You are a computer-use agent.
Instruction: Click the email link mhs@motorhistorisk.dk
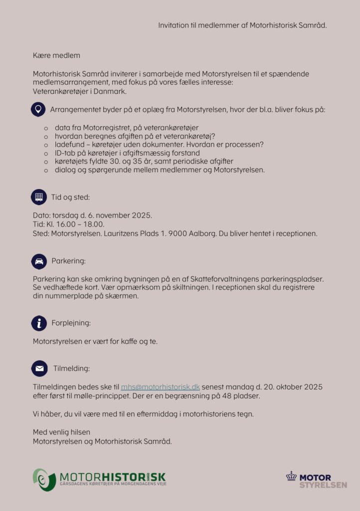coord(160,387)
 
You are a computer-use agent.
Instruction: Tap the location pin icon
coord(38,109)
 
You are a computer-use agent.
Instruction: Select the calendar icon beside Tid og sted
coord(38,197)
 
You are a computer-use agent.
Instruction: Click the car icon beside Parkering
coord(38,260)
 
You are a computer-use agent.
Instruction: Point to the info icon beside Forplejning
coord(38,323)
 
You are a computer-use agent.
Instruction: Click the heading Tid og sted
coord(70,197)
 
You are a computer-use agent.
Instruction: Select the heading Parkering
coord(68,261)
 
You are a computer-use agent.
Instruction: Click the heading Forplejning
coord(71,323)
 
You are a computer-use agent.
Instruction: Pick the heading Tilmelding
coord(71,369)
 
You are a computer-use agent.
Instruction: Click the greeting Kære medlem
coord(56,55)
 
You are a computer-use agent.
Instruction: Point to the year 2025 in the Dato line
coord(141,216)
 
